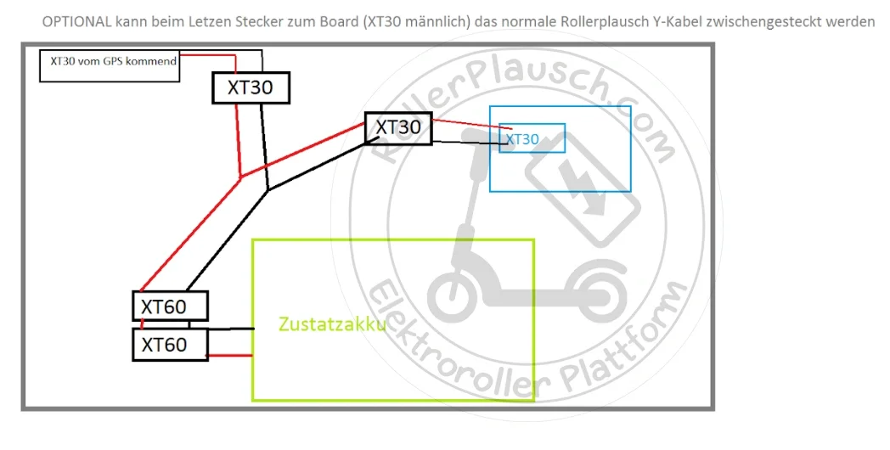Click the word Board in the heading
point(332,22)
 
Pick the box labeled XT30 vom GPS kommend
point(110,65)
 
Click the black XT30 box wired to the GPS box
point(251,87)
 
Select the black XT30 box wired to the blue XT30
point(398,127)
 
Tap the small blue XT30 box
point(532,138)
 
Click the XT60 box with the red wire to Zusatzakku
point(170,345)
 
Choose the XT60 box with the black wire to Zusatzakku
point(170,306)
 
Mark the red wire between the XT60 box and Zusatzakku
point(230,356)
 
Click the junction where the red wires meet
point(241,177)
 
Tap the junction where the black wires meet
point(268,190)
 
